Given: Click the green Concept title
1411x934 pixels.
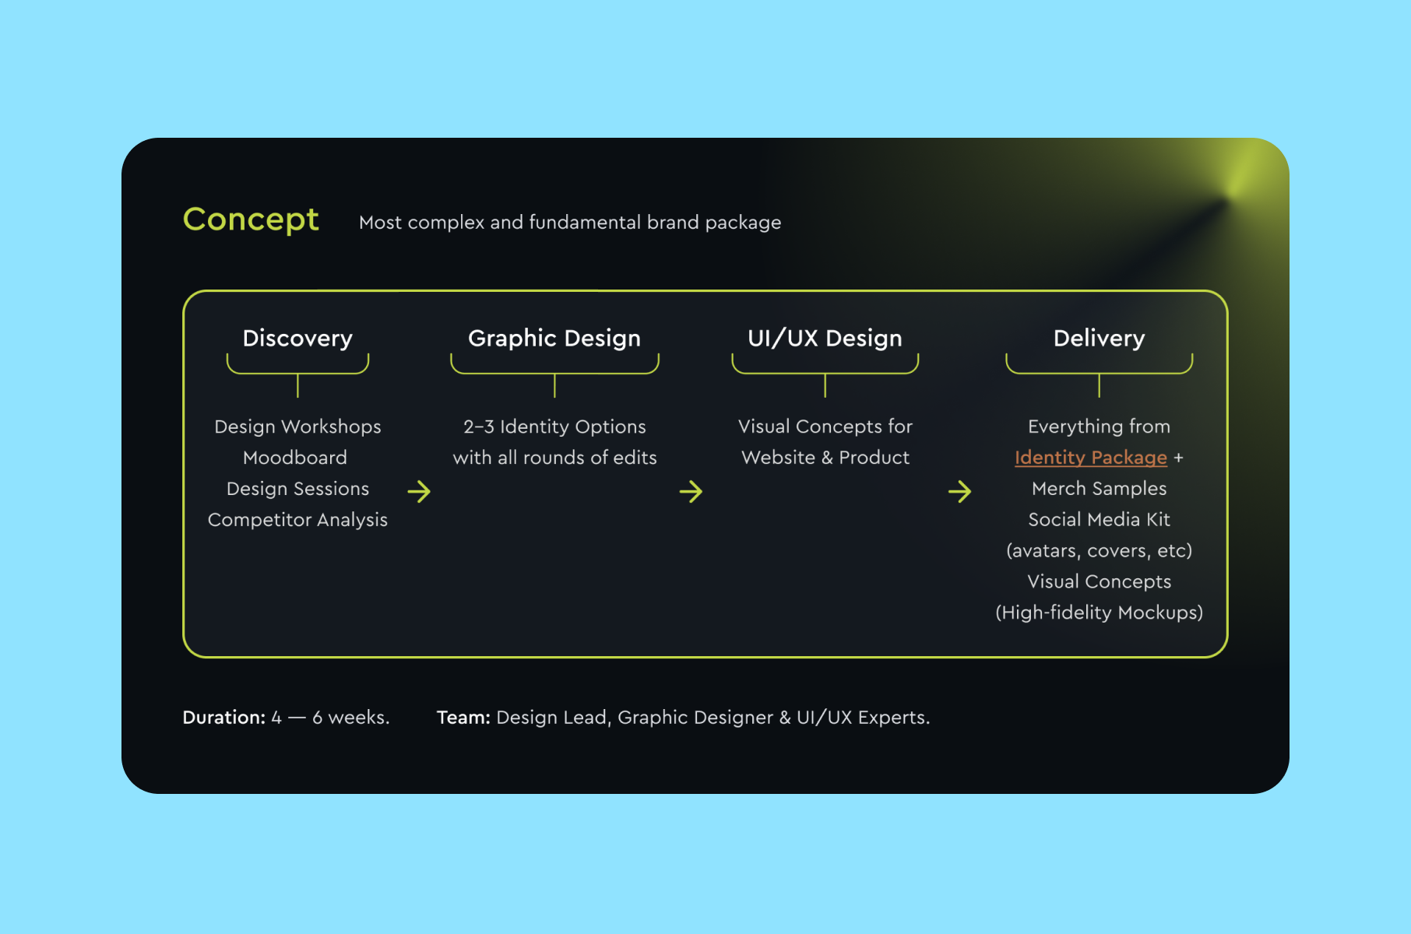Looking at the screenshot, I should (x=251, y=220).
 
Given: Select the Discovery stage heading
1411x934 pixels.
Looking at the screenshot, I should (x=297, y=339).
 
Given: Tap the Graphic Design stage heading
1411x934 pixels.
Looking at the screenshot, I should (x=554, y=339).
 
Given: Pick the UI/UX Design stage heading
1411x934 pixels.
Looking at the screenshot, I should (x=825, y=339).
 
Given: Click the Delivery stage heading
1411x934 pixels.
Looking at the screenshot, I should (x=1099, y=339).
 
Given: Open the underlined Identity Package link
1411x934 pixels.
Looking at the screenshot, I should (x=1090, y=458).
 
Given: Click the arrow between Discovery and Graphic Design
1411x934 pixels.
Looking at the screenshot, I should (x=419, y=491).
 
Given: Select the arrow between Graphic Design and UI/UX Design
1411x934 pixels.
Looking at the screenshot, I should (x=691, y=491).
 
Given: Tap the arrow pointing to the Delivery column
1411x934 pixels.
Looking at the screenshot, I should (x=959, y=491).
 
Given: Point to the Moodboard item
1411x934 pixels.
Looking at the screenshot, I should (x=295, y=458).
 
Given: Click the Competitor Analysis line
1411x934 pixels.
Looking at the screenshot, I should (x=297, y=520).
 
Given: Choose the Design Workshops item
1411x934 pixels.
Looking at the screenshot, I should (x=297, y=427).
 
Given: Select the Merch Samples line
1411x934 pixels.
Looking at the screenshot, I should (x=1099, y=489).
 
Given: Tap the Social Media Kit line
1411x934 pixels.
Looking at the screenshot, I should (x=1099, y=520).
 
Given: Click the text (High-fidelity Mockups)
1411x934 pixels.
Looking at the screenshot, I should (x=1099, y=613).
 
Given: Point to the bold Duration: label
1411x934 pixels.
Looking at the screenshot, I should (x=224, y=718).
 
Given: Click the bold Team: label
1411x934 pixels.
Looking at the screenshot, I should (x=463, y=718).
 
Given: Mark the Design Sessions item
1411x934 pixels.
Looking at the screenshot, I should (x=297, y=489).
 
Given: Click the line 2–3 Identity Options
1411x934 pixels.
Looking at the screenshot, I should (x=554, y=427).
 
